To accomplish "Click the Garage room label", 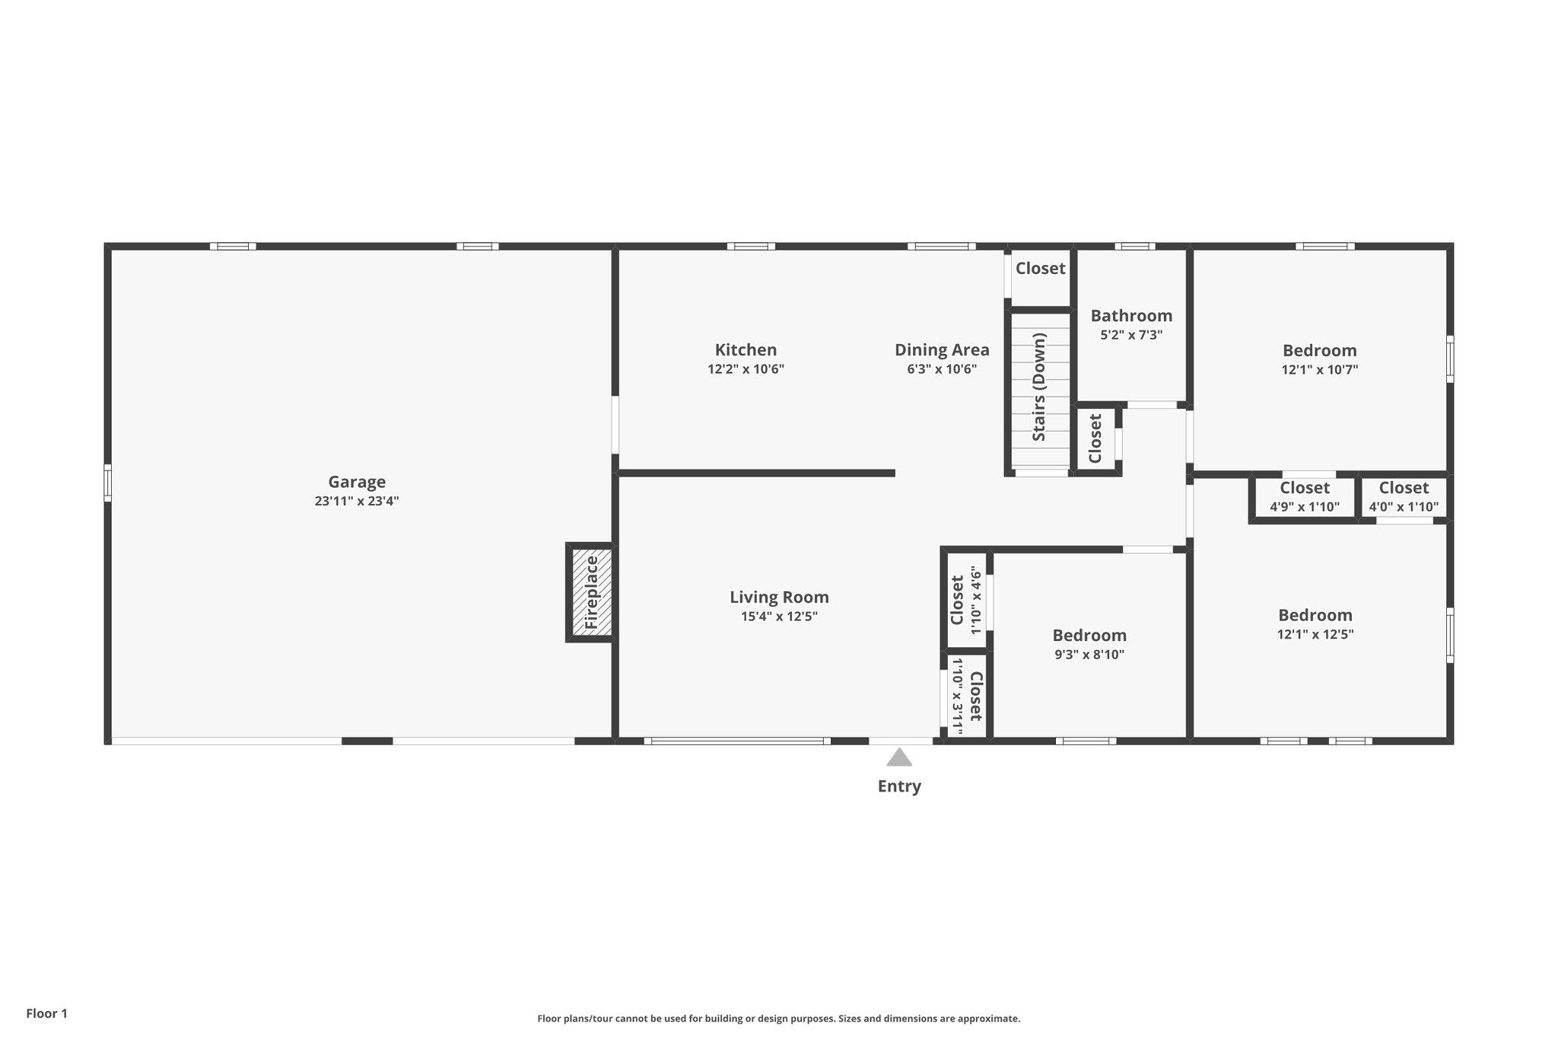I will (x=357, y=482).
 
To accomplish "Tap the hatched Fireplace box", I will (x=591, y=592).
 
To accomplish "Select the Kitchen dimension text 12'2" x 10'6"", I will (x=746, y=369).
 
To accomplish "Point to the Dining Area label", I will (x=942, y=350).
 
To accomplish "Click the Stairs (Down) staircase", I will (x=1039, y=392).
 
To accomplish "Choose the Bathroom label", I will (x=1131, y=316).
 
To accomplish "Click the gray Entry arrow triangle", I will (x=899, y=757).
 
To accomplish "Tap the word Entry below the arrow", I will (x=899, y=786).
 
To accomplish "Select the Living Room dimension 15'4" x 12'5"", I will (x=779, y=617).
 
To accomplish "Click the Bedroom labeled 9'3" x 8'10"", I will (x=1089, y=636).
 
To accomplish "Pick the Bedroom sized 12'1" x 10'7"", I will (x=1319, y=351).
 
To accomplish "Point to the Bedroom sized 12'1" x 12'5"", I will (x=1315, y=615).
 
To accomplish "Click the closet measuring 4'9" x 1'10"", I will (x=1304, y=496).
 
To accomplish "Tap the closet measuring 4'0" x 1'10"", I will (x=1404, y=496).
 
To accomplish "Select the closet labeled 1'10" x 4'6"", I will (x=965, y=600).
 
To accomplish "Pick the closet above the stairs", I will (x=1040, y=269).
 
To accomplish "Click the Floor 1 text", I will (x=47, y=1013).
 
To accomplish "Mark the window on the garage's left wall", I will (x=108, y=483).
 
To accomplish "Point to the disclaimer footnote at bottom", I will (x=778, y=1018).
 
